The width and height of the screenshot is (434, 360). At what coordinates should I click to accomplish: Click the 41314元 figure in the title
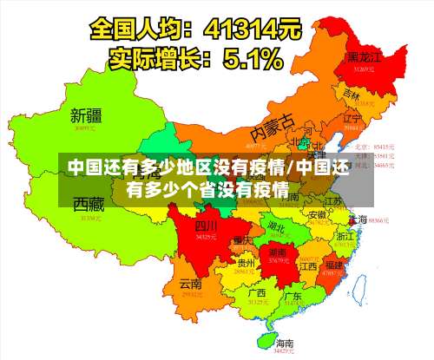pos(252,29)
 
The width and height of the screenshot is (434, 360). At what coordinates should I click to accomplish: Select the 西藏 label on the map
pos(89,204)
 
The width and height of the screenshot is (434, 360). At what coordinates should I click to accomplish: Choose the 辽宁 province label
pos(352,118)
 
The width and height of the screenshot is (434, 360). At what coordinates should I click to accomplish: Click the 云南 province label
pos(190,284)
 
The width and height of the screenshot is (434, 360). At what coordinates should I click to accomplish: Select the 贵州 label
pos(247,263)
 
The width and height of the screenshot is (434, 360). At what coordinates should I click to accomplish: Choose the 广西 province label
pos(256,293)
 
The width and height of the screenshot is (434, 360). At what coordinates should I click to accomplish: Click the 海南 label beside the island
pos(285,344)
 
